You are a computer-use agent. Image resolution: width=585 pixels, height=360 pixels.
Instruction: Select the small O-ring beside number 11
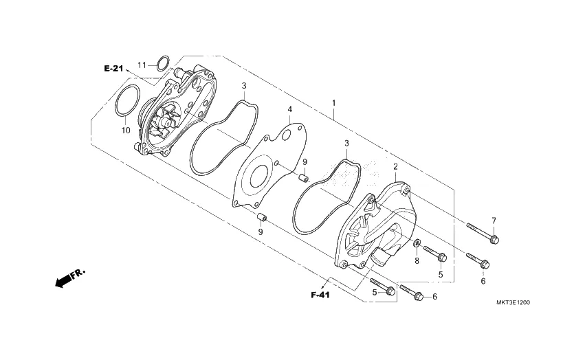[x=162, y=64]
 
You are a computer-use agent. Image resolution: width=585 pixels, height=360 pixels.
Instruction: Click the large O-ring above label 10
[x=126, y=102]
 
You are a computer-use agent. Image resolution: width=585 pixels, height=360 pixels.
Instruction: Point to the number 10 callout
[x=126, y=129]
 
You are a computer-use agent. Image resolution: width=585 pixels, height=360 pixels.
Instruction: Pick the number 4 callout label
[x=290, y=109]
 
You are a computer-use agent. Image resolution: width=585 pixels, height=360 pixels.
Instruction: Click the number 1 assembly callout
[x=334, y=104]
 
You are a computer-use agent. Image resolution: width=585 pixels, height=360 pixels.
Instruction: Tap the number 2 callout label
[x=395, y=167]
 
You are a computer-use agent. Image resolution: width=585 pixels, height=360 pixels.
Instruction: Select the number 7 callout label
[x=493, y=220]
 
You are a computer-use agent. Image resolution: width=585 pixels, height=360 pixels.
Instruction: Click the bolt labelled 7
[x=483, y=233]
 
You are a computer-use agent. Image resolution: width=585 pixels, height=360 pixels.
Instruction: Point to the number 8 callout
[x=417, y=261]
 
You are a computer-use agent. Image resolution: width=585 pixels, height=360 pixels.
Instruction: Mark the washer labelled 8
[x=417, y=244]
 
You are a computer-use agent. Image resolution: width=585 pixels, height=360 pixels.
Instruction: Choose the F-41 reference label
[x=320, y=295]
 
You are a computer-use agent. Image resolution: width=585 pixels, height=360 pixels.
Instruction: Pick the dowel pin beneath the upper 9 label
[x=302, y=179]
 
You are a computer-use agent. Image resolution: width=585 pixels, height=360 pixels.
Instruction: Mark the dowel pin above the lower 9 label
[x=261, y=218]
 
